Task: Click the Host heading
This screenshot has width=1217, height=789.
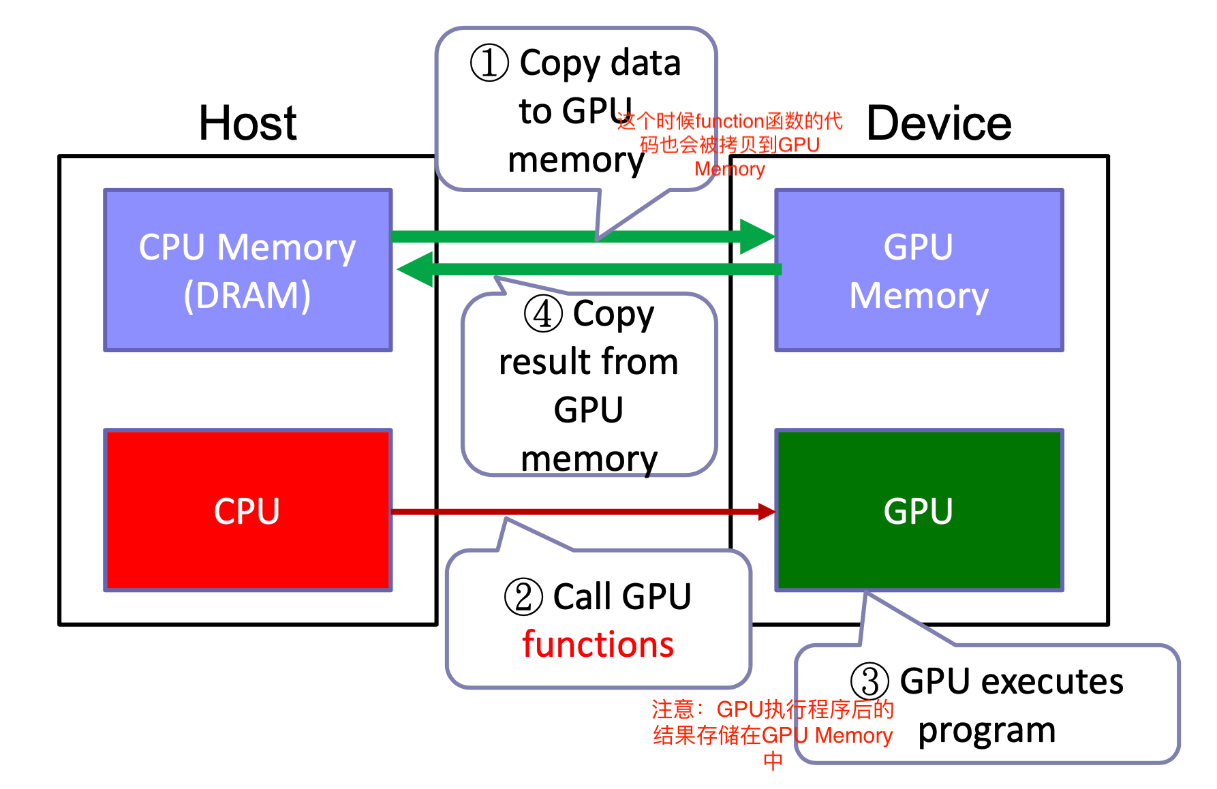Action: pyautogui.click(x=247, y=123)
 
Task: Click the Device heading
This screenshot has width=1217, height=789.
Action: pyautogui.click(x=938, y=123)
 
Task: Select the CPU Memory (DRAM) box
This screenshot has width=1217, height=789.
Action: pyautogui.click(x=247, y=270)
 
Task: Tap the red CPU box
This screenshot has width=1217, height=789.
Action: pyautogui.click(x=247, y=510)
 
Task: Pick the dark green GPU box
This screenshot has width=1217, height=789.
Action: pyautogui.click(x=919, y=510)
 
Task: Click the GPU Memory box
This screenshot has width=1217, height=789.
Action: pyautogui.click(x=919, y=270)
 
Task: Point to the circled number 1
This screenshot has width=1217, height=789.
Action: pyautogui.click(x=489, y=63)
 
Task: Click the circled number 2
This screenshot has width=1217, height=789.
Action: pyautogui.click(x=523, y=597)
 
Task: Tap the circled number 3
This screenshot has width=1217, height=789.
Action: pyautogui.click(x=869, y=681)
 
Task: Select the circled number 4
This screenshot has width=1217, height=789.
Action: pyautogui.click(x=543, y=314)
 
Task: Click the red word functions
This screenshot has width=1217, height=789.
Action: pyautogui.click(x=598, y=645)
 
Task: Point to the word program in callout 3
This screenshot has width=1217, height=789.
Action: pyautogui.click(x=987, y=730)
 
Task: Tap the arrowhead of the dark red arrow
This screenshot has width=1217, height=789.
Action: pyautogui.click(x=767, y=512)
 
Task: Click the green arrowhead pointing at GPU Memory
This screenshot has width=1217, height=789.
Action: pyautogui.click(x=756, y=236)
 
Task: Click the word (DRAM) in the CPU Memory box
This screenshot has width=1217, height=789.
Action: pyautogui.click(x=247, y=295)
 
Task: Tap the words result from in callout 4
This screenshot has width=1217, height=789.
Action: pyautogui.click(x=589, y=361)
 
